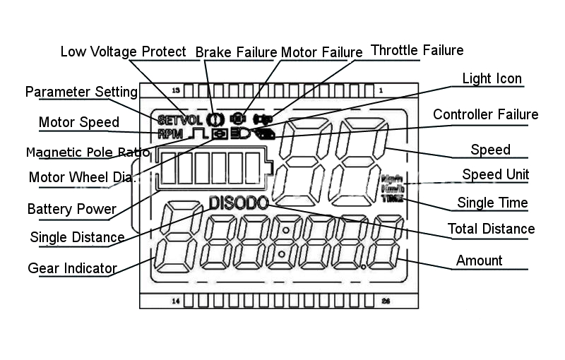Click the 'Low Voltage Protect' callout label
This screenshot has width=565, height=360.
pyautogui.click(x=123, y=52)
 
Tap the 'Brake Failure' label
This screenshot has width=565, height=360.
pyautogui.click(x=236, y=52)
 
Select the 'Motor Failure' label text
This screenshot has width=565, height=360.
pyautogui.click(x=321, y=52)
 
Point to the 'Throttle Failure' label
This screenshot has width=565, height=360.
pyautogui.click(x=417, y=50)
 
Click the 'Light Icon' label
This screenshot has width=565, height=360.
pyautogui.click(x=492, y=78)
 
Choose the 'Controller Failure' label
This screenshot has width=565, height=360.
pyautogui.click(x=485, y=114)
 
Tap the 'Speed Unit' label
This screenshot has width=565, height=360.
pyautogui.click(x=495, y=174)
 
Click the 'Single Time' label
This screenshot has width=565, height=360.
pyautogui.click(x=492, y=203)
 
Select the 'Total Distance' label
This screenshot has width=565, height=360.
pyautogui.click(x=491, y=229)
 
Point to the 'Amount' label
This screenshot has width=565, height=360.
pyautogui.click(x=479, y=260)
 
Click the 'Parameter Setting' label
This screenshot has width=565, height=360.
pyautogui.click(x=81, y=92)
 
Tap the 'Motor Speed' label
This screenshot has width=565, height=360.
pyautogui.click(x=78, y=122)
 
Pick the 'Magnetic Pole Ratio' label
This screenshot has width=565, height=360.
pyautogui.click(x=88, y=152)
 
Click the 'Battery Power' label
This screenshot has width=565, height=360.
pyautogui.click(x=71, y=210)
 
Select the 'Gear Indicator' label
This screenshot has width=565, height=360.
pyautogui.click(x=72, y=268)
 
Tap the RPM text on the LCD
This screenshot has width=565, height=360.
pyautogui.click(x=170, y=133)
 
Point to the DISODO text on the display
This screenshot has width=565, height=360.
pyautogui.click(x=239, y=203)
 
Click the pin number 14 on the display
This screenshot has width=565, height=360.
pyautogui.click(x=176, y=301)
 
